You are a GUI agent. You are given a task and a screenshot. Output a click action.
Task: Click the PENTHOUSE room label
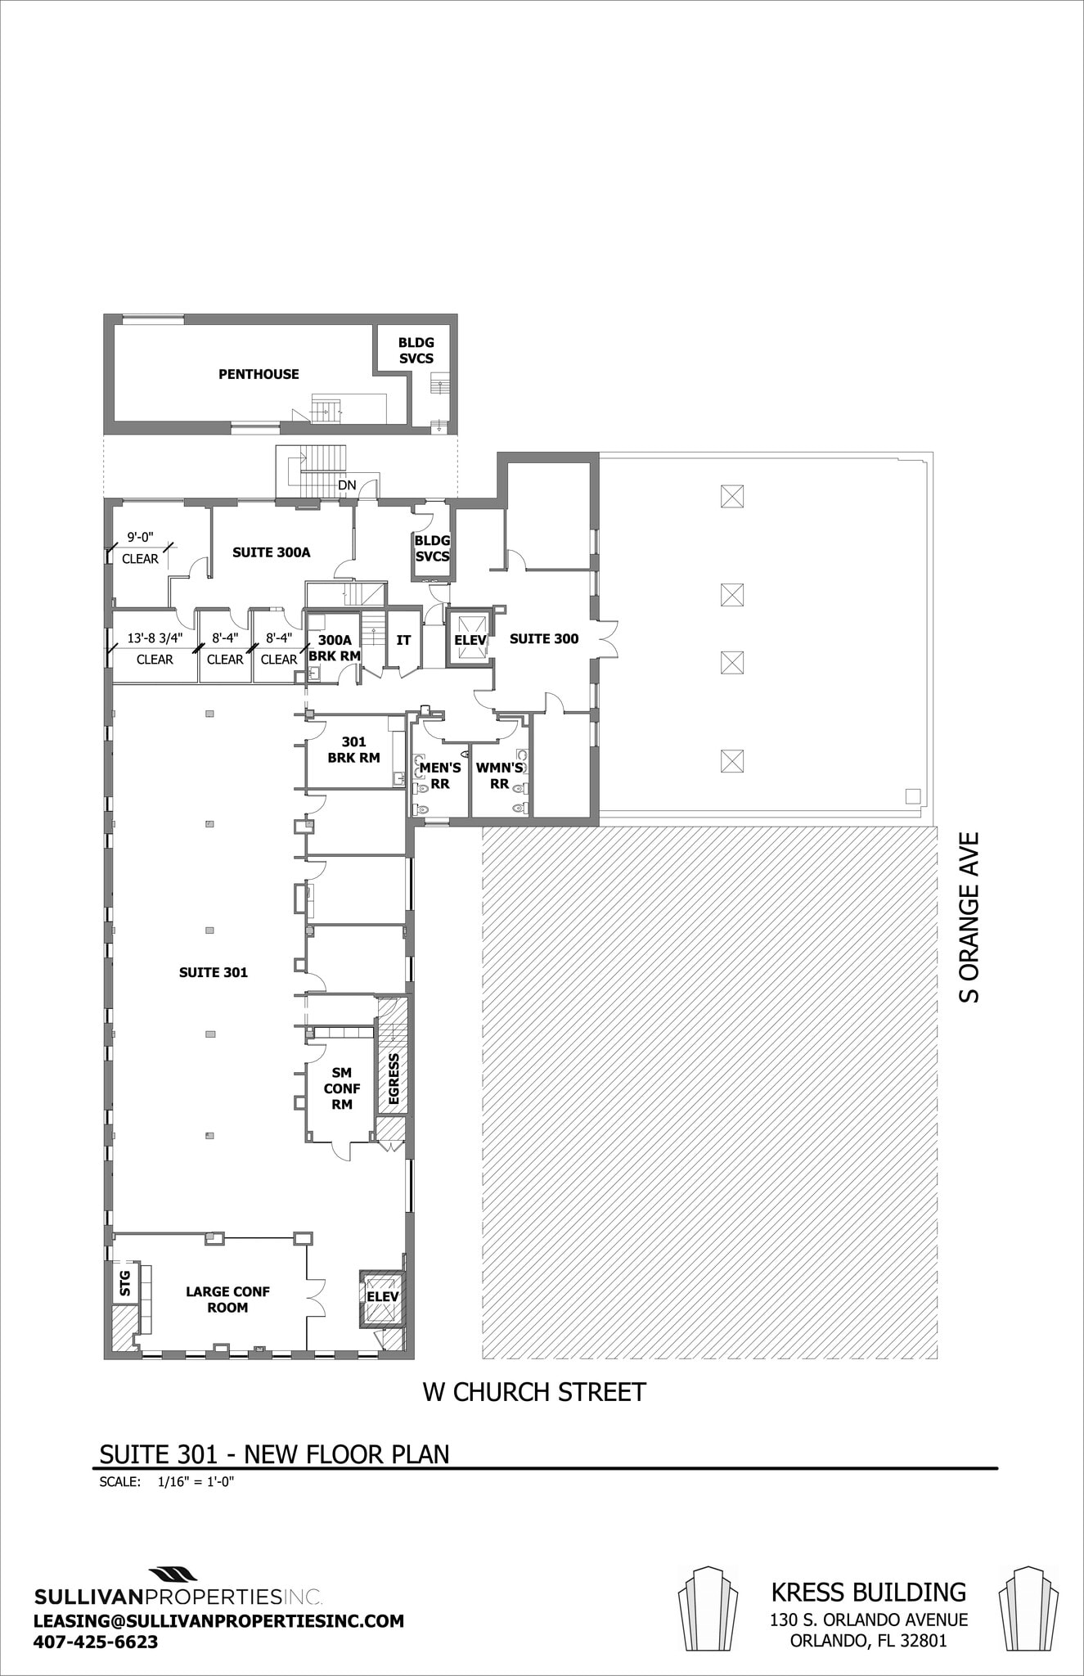point(259,374)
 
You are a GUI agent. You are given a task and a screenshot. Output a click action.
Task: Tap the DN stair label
point(347,485)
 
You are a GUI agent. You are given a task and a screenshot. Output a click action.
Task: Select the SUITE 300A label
point(271,552)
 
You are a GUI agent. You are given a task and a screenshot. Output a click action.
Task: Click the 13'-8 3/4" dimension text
point(155,638)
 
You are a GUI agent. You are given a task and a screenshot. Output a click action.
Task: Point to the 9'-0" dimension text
point(140,538)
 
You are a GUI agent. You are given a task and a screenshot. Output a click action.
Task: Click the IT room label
point(403,640)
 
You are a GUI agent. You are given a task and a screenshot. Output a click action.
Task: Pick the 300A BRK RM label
point(334,648)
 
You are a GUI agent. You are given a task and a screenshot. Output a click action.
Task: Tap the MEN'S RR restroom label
point(439,776)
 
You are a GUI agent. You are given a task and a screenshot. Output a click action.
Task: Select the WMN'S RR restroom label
point(499,776)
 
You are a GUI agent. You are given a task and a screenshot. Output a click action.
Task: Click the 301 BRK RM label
point(353,750)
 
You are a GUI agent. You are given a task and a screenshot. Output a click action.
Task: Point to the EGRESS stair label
point(394,1079)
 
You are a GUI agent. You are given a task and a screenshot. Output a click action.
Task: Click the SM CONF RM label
point(342,1088)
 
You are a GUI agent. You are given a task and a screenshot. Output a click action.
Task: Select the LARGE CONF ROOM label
point(227,1300)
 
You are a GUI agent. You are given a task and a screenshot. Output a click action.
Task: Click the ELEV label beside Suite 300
point(470,640)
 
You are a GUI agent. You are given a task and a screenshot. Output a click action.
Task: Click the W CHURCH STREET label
point(533,1392)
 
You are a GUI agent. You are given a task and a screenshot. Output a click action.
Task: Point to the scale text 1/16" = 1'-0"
point(196,1480)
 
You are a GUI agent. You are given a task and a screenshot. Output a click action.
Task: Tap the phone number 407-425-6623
point(96,1619)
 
